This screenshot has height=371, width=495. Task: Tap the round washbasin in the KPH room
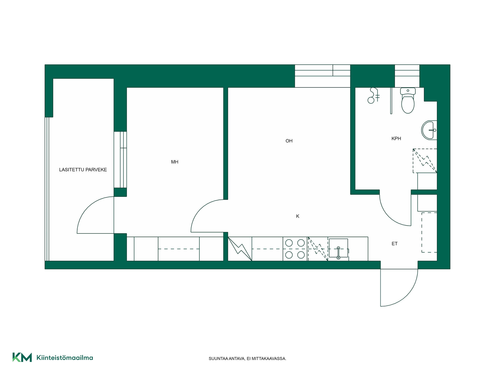[429, 130]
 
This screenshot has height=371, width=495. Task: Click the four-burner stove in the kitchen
[295, 249]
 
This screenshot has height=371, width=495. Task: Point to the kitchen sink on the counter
[339, 249]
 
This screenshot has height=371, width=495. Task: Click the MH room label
[175, 162]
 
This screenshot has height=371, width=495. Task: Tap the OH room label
[289, 141]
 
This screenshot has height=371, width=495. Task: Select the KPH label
[396, 139]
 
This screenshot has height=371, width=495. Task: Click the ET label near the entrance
[394, 244]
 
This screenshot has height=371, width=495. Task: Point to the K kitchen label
[298, 216]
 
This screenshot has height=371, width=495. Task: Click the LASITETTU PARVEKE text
[83, 170]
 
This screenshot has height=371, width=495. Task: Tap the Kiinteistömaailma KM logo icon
[22, 357]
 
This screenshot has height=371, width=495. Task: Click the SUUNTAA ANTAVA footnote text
[247, 359]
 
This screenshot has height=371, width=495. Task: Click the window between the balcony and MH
[120, 160]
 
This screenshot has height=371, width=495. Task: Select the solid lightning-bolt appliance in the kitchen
[240, 249]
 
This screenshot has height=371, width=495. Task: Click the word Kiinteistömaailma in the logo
[65, 358]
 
